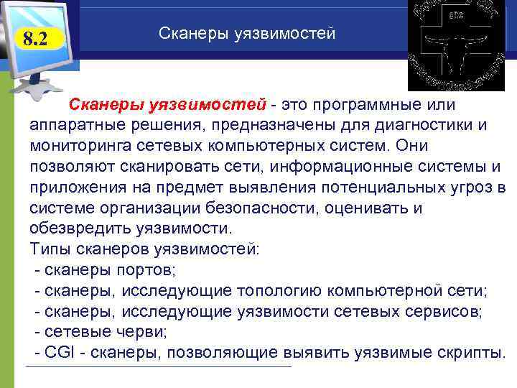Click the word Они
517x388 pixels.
point(412,146)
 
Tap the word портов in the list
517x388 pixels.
point(154,271)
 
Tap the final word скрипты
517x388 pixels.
point(470,353)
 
